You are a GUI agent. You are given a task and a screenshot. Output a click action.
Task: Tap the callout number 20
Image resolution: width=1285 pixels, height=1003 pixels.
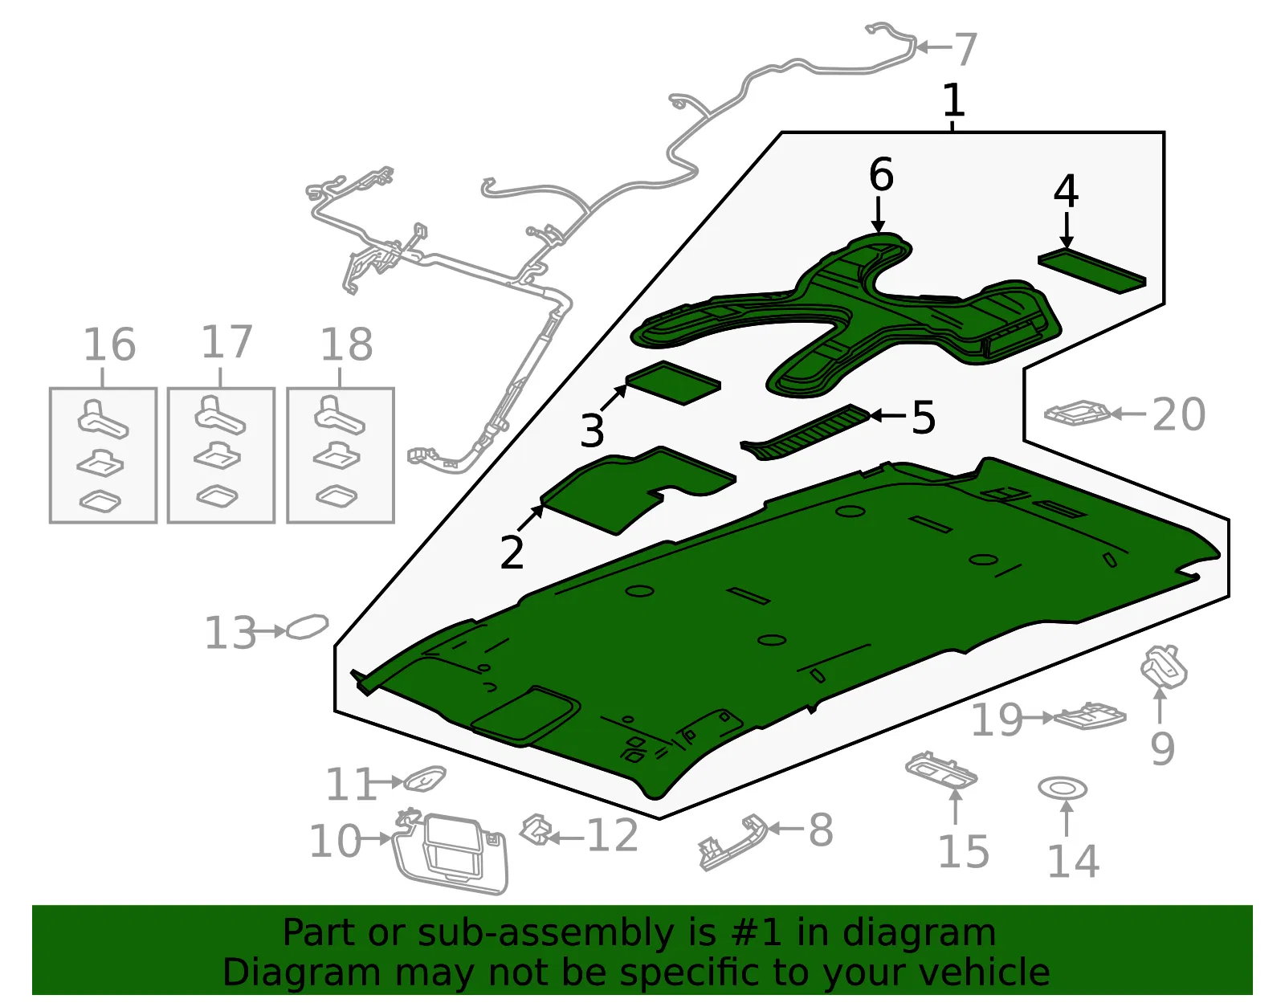point(1178,415)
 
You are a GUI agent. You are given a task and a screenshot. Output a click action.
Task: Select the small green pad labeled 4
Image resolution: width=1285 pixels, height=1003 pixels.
point(1091,271)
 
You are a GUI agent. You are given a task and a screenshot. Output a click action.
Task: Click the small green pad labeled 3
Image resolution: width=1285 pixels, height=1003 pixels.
point(673,382)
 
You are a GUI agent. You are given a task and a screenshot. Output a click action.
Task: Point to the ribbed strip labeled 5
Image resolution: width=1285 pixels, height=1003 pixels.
point(806,432)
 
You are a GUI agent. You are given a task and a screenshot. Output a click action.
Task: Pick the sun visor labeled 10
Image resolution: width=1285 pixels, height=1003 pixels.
point(451,852)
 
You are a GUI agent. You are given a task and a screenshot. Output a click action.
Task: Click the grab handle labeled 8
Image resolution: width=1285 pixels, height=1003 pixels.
point(733,842)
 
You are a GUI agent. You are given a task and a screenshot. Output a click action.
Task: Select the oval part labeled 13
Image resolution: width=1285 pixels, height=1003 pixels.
point(306,627)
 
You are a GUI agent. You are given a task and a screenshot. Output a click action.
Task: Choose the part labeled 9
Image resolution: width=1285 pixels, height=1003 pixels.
point(1163,668)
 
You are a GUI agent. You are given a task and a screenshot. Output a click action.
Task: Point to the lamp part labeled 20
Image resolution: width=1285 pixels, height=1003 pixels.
point(1078,412)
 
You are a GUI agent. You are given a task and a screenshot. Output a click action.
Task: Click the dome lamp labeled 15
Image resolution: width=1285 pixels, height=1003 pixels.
point(940,770)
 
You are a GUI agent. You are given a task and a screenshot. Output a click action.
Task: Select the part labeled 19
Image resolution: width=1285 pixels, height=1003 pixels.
point(1090,716)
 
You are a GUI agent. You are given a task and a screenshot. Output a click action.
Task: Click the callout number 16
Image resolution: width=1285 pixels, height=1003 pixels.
point(110,345)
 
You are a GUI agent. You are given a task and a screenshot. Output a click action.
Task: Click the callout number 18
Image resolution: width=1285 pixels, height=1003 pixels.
point(346,345)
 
